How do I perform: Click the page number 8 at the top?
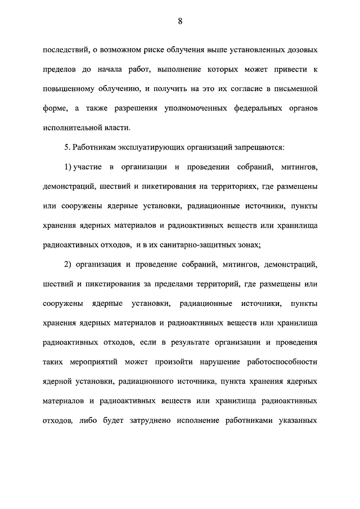click(180, 21)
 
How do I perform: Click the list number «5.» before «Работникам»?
click(68, 147)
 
